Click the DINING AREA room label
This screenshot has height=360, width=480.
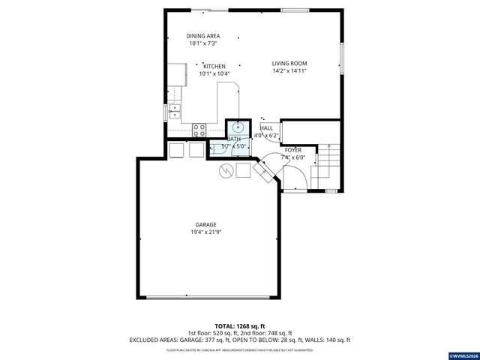tap(202, 36)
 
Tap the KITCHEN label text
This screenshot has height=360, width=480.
tap(214, 66)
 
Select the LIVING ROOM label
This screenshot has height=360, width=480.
tap(289, 63)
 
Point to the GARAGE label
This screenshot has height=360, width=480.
tap(206, 224)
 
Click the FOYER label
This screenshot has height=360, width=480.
tap(292, 150)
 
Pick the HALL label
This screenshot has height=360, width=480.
tap(266, 128)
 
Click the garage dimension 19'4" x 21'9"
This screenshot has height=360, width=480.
tap(206, 232)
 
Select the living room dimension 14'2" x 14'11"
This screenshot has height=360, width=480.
tap(289, 71)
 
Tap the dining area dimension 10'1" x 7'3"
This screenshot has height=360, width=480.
tap(202, 44)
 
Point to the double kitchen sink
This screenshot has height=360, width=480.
tap(175, 112)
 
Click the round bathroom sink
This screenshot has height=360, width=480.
tap(238, 126)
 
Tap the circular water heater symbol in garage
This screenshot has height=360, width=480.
tap(226, 171)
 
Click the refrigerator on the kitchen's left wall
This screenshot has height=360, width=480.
tap(177, 73)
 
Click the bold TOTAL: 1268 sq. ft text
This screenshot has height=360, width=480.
tap(239, 325)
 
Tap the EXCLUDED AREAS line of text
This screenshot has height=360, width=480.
tap(239, 340)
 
